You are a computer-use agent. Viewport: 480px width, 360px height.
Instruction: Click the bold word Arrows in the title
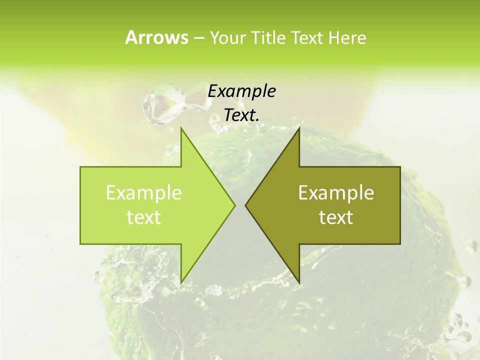156,37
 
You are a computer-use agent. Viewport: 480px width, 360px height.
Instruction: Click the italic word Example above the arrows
242,91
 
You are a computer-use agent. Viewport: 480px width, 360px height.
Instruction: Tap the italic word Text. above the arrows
242,115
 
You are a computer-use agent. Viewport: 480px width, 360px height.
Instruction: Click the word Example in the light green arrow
144,193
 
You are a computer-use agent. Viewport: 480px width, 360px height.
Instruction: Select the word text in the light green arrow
144,217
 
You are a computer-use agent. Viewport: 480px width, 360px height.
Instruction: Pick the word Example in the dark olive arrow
336,193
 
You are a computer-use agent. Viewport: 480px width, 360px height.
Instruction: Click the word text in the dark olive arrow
336,217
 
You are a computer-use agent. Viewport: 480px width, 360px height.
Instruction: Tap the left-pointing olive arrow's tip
246,205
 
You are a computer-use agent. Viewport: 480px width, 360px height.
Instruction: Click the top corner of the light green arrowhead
181,128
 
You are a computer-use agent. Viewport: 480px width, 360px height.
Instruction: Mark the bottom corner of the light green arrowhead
181,282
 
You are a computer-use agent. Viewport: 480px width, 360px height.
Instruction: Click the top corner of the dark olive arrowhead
299,128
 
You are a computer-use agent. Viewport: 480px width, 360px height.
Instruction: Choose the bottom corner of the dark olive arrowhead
299,282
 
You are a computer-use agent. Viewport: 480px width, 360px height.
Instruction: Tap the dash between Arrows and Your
198,38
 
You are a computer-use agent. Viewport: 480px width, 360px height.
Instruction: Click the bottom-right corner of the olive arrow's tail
399,243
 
